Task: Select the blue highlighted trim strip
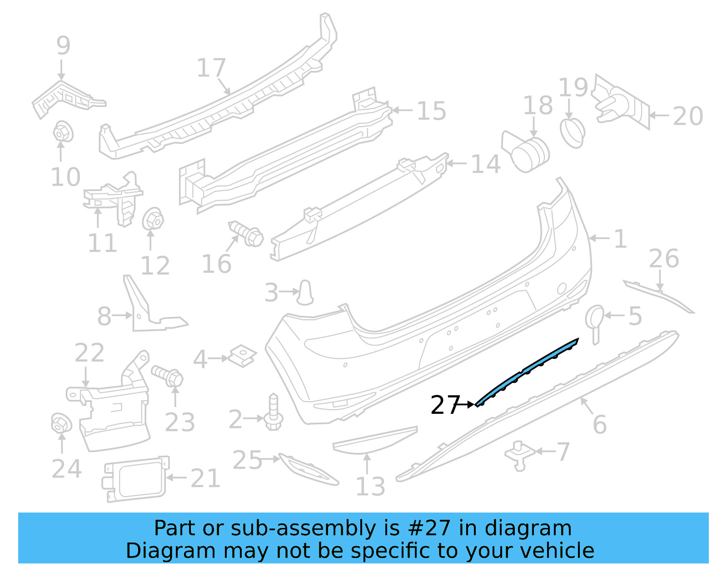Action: pyautogui.click(x=527, y=371)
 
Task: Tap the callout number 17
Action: pyautogui.click(x=211, y=68)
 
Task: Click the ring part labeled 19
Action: pyautogui.click(x=572, y=132)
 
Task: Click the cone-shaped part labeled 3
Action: pyautogui.click(x=305, y=292)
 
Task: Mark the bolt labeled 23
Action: pyautogui.click(x=168, y=376)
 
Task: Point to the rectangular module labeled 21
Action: pyautogui.click(x=134, y=479)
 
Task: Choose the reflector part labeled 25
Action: pyautogui.click(x=309, y=469)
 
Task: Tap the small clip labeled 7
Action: pyautogui.click(x=519, y=454)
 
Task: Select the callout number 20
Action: pyautogui.click(x=687, y=116)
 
